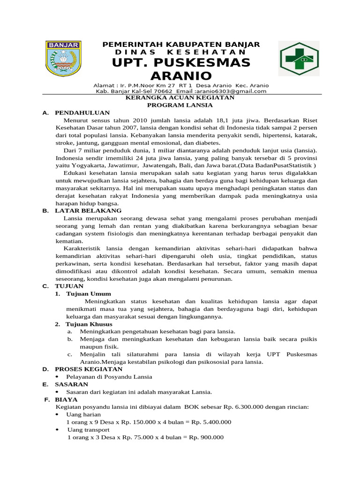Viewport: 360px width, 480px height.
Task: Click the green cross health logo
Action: point(299,60)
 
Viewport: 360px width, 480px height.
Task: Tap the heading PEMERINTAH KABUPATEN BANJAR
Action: point(181,44)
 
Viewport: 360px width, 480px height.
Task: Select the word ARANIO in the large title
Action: point(181,76)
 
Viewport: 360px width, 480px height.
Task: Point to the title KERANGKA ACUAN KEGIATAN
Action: point(181,98)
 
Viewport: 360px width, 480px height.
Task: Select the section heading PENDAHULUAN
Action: point(82,113)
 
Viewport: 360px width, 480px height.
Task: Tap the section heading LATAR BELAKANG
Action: point(88,210)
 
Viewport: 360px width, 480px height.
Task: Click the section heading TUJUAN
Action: point(69,285)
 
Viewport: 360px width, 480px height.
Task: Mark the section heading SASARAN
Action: point(71,384)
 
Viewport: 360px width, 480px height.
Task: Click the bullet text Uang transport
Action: point(89,429)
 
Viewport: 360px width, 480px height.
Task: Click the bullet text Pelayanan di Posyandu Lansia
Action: point(109,376)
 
